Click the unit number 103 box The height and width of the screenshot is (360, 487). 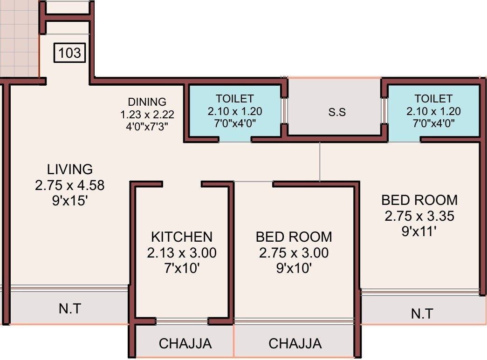point(70,53)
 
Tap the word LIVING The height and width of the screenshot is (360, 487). point(70,169)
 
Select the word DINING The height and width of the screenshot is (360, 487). point(147,102)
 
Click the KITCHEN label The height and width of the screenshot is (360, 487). point(181,237)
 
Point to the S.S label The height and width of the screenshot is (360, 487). point(336,112)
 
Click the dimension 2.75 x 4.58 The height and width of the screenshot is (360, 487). point(70,185)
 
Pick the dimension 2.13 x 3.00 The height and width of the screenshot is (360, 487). point(181,253)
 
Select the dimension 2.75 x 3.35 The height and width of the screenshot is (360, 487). point(419,216)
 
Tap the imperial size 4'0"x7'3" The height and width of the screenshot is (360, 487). point(147,126)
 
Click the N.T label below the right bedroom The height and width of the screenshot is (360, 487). point(422,313)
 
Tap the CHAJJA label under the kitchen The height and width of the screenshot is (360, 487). point(185,344)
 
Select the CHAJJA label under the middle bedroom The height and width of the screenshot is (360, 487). point(295,344)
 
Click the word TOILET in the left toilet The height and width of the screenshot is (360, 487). point(234,99)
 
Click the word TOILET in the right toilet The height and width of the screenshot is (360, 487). point(433,99)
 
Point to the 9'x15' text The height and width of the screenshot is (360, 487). point(70,202)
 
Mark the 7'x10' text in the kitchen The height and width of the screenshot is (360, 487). point(181,269)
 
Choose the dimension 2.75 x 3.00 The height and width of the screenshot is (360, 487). point(294,253)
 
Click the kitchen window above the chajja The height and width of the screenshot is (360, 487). point(182,321)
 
